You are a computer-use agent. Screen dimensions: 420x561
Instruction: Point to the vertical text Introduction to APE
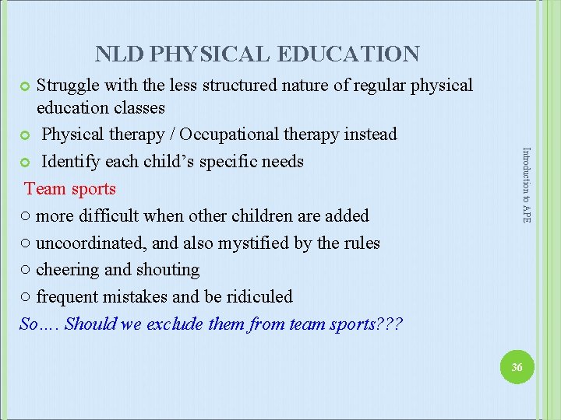[526, 185]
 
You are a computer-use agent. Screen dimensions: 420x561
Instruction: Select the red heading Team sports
[70, 189]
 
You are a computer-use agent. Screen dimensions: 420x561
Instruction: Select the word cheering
[67, 270]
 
